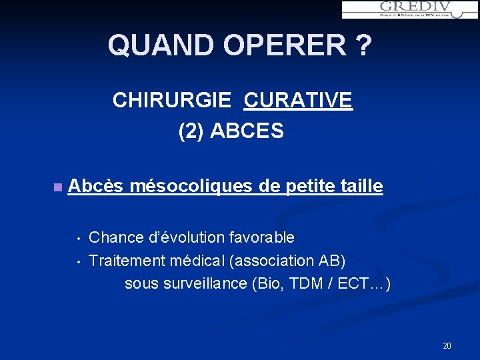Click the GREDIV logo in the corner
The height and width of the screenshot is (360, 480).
(409, 9)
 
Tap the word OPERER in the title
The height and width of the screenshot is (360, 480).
(285, 45)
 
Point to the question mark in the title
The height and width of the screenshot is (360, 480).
(364, 45)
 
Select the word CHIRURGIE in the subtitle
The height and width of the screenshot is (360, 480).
(172, 100)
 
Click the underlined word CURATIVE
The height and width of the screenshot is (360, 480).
(298, 100)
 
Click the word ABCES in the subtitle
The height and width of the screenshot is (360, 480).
(247, 131)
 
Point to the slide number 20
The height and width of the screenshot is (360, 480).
(447, 345)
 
